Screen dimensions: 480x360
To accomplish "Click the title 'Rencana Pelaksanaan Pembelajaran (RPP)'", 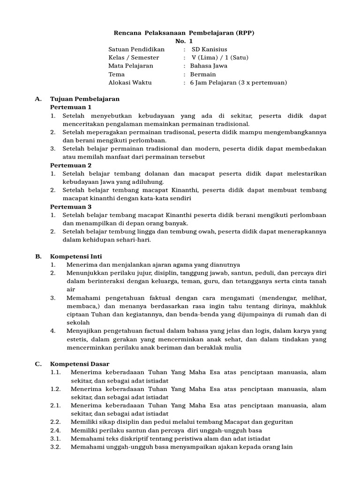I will point(185,33).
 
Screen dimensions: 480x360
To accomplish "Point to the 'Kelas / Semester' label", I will point(134,58).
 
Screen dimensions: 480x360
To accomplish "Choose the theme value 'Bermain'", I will point(203,74).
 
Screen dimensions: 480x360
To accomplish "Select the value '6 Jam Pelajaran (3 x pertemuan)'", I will point(238,82).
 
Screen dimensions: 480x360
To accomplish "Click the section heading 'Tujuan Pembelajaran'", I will point(85,99).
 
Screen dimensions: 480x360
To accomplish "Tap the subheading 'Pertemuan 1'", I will point(71,107).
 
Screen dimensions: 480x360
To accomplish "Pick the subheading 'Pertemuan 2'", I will point(71,165).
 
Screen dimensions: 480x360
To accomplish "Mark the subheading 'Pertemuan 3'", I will point(71,206).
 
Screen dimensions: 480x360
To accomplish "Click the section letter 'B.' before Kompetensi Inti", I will point(39,256).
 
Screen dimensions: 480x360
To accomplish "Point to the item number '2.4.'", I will point(56,430).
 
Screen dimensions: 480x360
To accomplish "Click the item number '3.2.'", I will point(56,447).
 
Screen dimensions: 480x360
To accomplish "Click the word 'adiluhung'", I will point(148,181).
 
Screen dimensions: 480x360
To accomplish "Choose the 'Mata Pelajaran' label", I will point(131,66).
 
